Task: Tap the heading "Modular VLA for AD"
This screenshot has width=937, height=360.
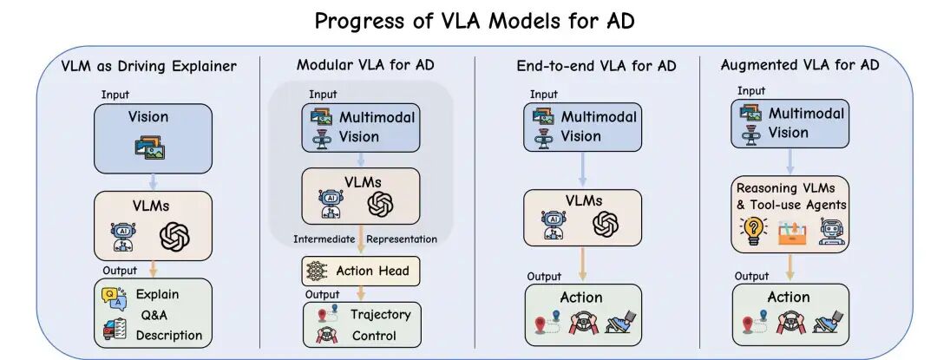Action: click(365, 65)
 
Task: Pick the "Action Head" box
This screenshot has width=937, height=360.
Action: click(359, 272)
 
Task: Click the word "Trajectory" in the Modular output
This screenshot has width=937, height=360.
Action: click(380, 313)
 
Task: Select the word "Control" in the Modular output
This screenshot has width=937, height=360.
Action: click(374, 336)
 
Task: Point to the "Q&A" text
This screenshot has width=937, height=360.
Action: click(154, 315)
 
